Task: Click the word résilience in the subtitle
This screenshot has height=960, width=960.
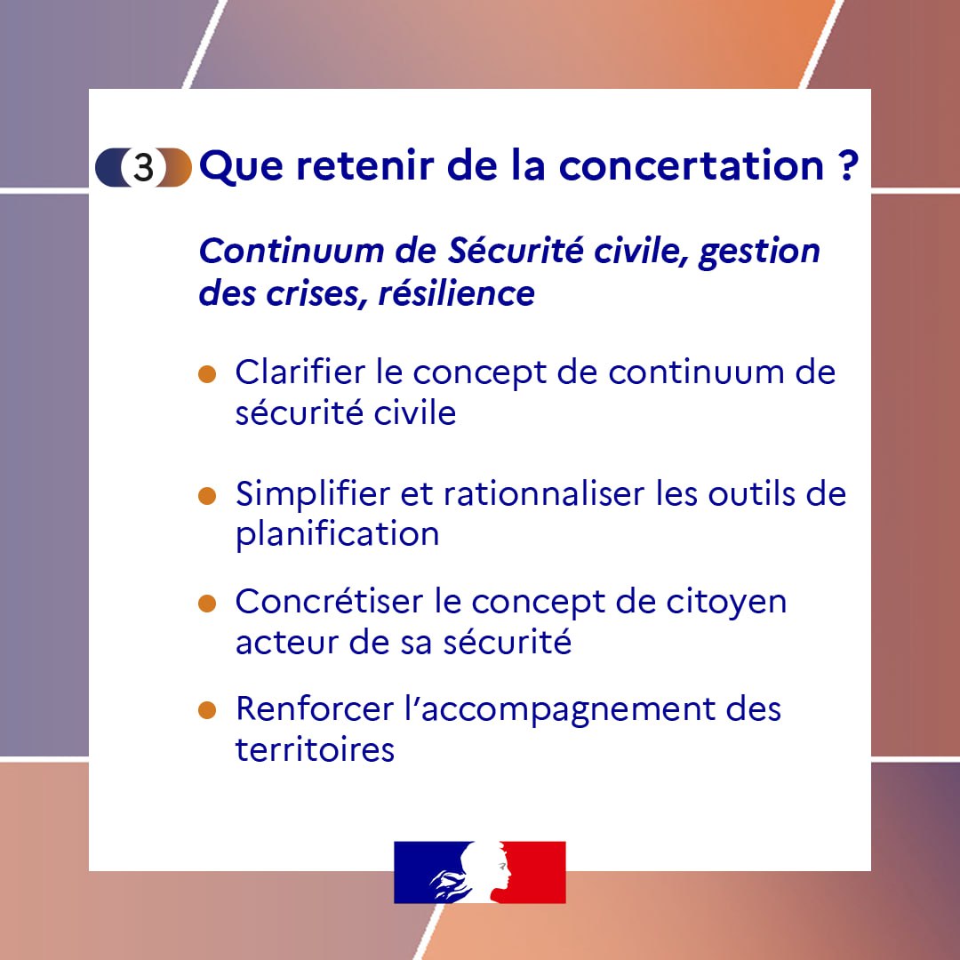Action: [457, 293]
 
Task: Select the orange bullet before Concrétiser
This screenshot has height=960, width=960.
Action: [207, 604]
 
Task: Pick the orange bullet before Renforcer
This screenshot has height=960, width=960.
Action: [207, 711]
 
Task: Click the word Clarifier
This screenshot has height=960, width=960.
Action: [300, 372]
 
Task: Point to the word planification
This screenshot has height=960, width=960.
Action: [337, 535]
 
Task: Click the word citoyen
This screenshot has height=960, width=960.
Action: [726, 603]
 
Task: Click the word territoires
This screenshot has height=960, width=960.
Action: [315, 749]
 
